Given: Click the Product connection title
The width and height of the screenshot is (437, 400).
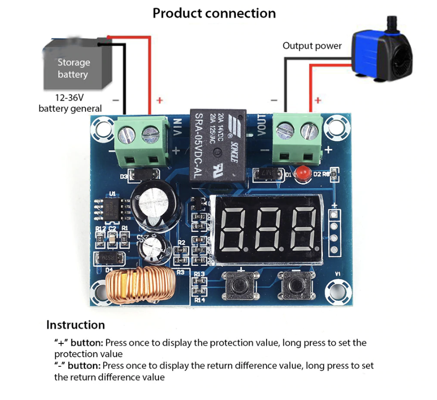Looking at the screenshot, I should (x=214, y=13).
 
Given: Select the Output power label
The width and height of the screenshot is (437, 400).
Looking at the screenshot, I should (x=312, y=46).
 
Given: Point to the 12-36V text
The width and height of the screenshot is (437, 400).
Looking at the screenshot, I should (x=70, y=97).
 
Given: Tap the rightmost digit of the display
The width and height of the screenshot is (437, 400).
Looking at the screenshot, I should (x=304, y=230).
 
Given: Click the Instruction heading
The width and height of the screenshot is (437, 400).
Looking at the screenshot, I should (x=75, y=325).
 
